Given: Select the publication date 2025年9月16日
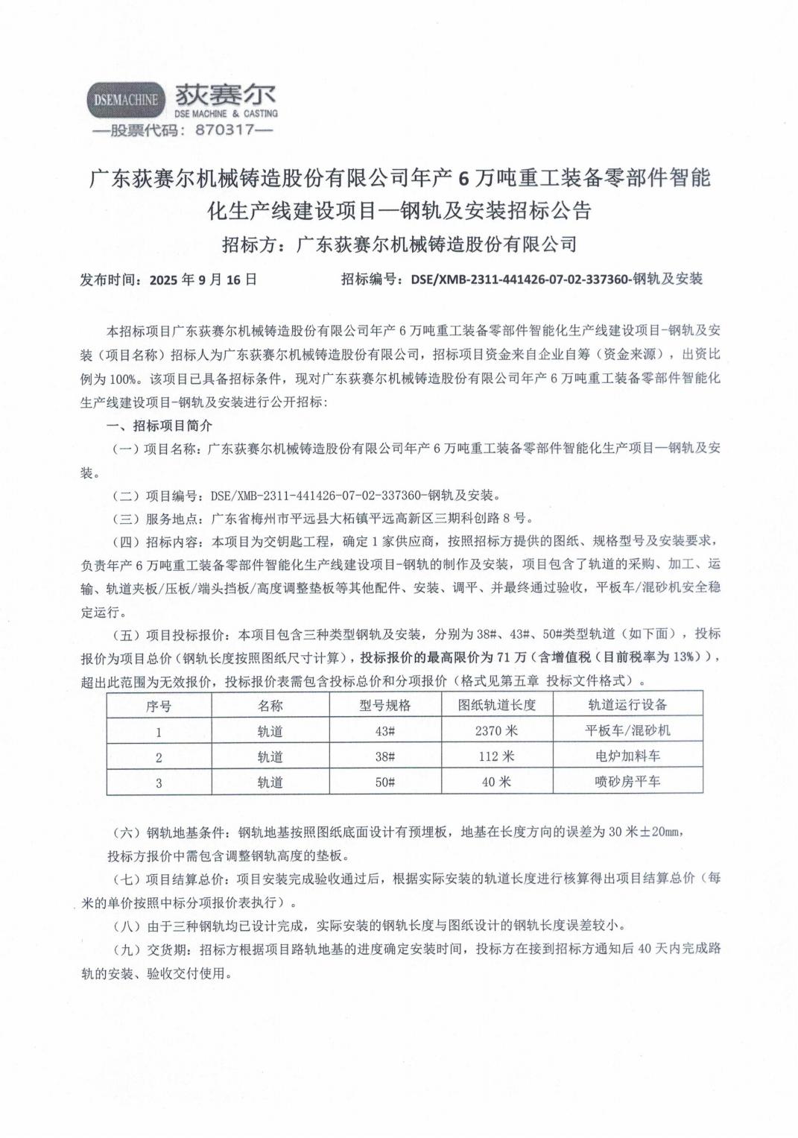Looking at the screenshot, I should pos(203,279).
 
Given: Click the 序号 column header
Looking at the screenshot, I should pos(159,705).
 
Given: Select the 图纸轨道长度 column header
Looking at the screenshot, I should pos(496,705).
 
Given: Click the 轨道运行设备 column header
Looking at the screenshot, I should pos(627,705).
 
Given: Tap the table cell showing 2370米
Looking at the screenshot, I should pos(496,731).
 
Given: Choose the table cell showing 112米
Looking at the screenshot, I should pos(496,756).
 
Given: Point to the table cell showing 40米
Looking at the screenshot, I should pos(496,782).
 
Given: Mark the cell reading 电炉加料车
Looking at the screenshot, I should pos(627,756).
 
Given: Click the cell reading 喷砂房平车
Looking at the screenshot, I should pos(627,782).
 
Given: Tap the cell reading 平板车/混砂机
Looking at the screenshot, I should pos(627,731).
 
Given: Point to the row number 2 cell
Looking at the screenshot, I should pos(159,756).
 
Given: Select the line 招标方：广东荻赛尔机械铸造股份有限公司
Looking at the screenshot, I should pos(399,244).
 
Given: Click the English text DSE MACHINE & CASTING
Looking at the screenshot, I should pos(225,114).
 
